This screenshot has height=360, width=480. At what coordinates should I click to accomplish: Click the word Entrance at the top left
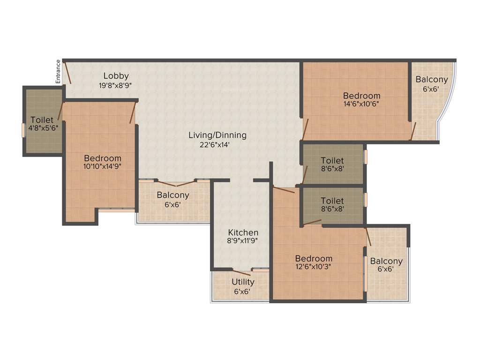pos(58,72)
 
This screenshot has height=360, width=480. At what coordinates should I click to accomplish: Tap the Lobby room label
pos(116,76)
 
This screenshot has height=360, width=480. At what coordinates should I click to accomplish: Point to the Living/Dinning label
pos(217,135)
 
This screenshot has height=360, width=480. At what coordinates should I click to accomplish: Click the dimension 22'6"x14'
pos(217,145)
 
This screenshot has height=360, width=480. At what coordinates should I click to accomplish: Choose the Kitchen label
pos(243,232)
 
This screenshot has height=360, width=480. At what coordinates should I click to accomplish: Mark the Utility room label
pos(243,282)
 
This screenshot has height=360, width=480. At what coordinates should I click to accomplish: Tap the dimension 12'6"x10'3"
pos(314,267)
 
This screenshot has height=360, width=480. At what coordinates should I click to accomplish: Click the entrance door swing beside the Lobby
pos(67,73)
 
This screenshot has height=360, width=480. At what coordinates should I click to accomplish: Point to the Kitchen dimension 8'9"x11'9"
pos(243,241)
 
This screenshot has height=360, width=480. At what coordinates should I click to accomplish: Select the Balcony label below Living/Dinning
pos(173,195)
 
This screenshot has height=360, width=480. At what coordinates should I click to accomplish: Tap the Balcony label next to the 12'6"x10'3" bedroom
pos(386,261)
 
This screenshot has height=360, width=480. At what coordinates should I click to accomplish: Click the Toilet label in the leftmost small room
pos(41,120)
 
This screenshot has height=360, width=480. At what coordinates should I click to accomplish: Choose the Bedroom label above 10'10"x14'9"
pos(103,158)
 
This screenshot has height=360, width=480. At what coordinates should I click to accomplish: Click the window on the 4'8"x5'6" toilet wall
pos(23,129)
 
